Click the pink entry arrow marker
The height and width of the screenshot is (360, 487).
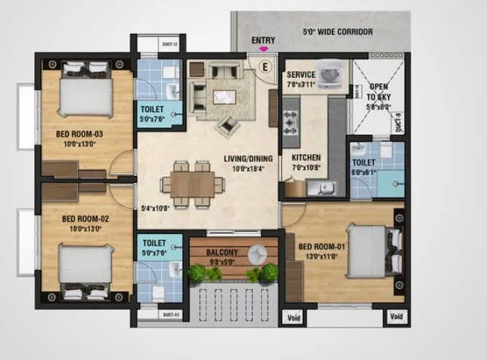[x=265, y=49]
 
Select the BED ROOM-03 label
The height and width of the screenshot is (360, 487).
[x=80, y=133]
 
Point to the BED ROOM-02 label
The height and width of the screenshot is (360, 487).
[x=84, y=219]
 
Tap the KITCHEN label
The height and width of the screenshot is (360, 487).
[x=306, y=158]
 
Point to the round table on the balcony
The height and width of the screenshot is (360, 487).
[x=256, y=253]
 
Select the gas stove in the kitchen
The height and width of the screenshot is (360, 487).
[x=292, y=122]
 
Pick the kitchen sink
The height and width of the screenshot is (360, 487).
[x=315, y=187]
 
